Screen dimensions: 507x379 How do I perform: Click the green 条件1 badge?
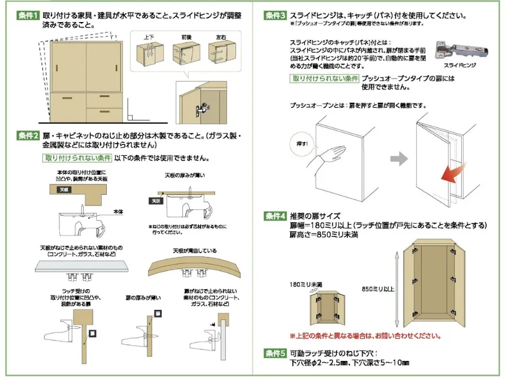click(28, 15)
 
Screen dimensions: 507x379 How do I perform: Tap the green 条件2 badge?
click(28, 136)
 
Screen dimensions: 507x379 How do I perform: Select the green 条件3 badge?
click(276, 15)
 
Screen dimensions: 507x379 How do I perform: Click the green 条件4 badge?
click(276, 216)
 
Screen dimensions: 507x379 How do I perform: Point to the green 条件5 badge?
click(276, 353)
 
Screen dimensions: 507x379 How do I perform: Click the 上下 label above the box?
click(149, 37)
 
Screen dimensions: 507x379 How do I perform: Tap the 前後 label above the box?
click(186, 37)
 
